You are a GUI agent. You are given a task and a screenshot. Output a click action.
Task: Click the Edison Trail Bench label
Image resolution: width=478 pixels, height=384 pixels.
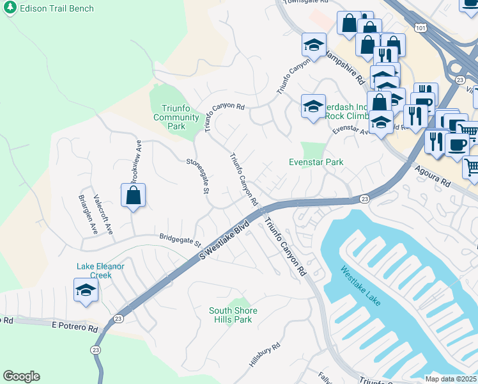pos(56,9)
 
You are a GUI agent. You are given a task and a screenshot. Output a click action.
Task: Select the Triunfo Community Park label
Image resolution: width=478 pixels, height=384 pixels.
pos(176,113)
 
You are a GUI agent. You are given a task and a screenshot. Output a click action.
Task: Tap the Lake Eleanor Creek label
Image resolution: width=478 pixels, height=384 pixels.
pos(94,271)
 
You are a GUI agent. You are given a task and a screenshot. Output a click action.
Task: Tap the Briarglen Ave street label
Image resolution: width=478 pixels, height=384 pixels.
pos(87,214)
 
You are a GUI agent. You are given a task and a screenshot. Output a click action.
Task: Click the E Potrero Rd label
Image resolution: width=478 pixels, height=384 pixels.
pos(75,328)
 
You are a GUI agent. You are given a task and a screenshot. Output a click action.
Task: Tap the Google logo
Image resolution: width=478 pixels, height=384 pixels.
pos(21,376)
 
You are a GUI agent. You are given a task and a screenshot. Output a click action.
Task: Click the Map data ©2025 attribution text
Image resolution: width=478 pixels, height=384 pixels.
pos(451,379)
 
